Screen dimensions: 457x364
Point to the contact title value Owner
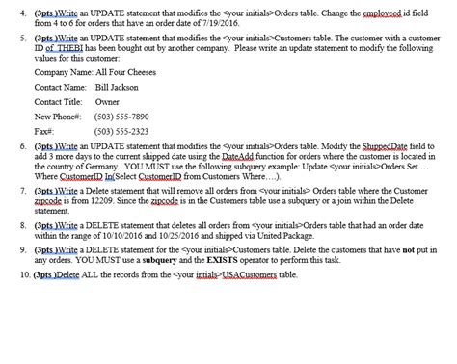click(107, 102)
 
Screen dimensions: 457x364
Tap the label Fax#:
click(43, 131)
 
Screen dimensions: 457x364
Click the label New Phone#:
click(57, 117)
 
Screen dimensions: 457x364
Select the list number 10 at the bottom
click(23, 274)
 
